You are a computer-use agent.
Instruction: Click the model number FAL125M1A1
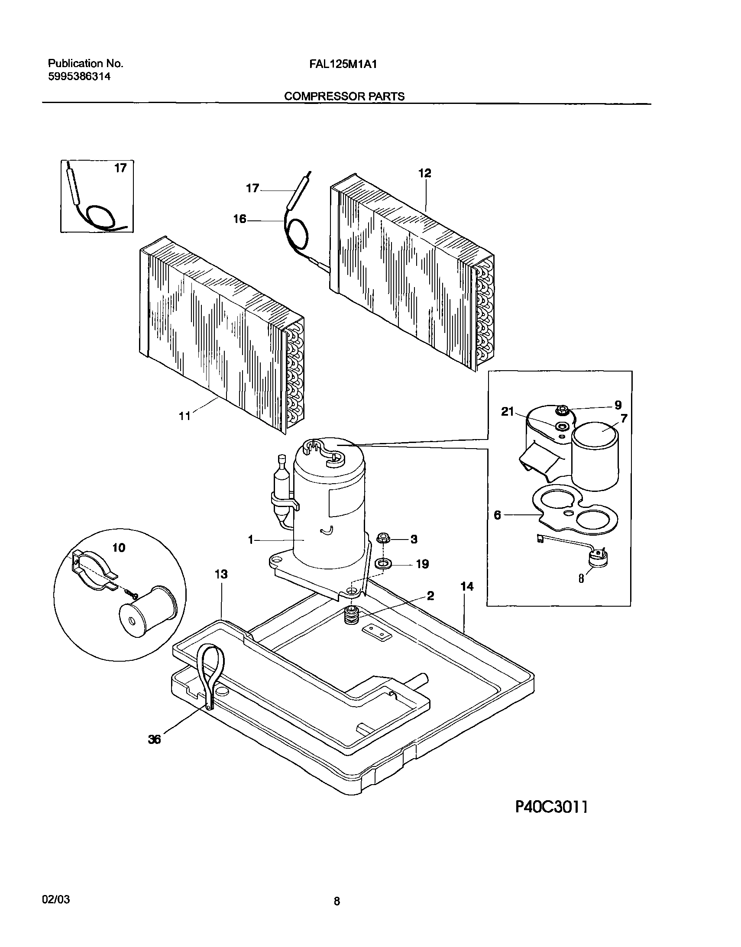tap(343, 64)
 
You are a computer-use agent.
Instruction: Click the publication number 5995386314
tap(79, 77)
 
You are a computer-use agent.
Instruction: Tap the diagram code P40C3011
tap(551, 807)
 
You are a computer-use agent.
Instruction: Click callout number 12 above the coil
tap(425, 174)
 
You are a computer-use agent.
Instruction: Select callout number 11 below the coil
tap(185, 416)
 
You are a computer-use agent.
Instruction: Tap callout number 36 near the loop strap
tap(155, 740)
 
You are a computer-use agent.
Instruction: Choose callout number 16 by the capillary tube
tap(239, 219)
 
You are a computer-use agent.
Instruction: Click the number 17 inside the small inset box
tap(120, 168)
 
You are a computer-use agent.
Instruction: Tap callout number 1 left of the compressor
tap(250, 540)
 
